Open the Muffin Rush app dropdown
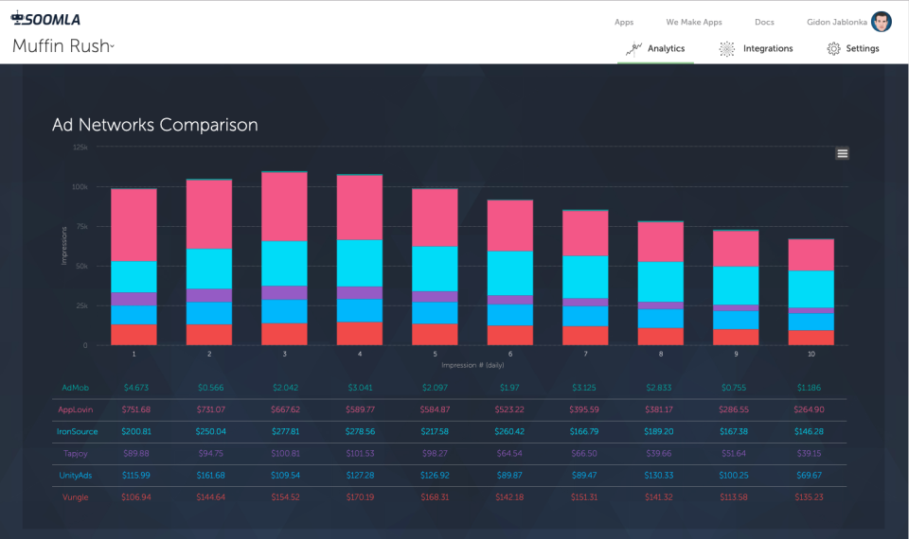tap(63, 46)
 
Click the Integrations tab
tap(757, 48)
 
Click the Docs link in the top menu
tap(764, 22)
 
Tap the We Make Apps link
tap(693, 22)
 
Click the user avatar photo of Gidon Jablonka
tap(882, 22)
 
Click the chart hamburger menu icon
tap(842, 153)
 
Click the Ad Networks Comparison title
tap(154, 125)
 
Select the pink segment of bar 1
tap(134, 224)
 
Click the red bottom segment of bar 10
tap(811, 338)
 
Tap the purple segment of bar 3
tap(284, 293)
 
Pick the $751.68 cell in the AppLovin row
tap(135, 409)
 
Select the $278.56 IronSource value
tap(360, 431)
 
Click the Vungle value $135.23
tap(810, 497)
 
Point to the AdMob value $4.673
tap(135, 388)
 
